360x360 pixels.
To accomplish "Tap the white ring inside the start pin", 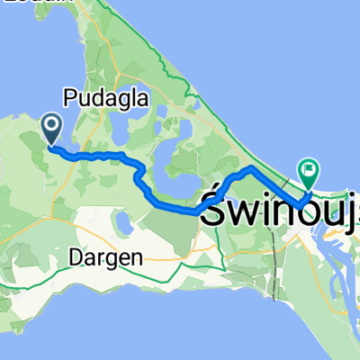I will pos(50,127).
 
